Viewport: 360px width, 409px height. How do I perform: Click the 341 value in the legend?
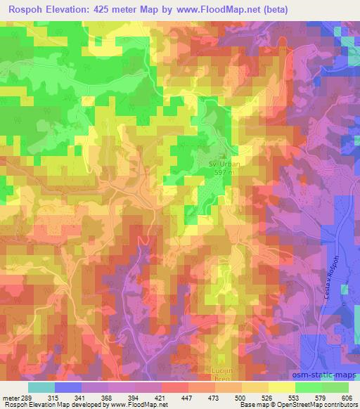pyautogui.click(x=91, y=398)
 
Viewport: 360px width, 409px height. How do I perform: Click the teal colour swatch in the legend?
pyautogui.click(x=41, y=387)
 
